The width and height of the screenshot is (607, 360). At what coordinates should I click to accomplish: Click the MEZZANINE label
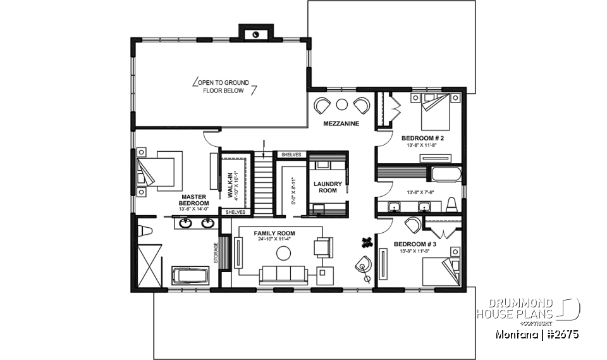[x=341, y=123]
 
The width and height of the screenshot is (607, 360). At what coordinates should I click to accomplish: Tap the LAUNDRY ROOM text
[x=328, y=187]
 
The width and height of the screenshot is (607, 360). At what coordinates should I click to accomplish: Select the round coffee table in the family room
[x=284, y=253]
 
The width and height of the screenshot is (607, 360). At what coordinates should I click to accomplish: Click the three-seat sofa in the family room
[x=283, y=274]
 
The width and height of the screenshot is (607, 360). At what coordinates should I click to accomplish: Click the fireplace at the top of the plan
[x=256, y=34]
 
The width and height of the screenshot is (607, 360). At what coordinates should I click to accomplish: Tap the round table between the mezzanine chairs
[x=342, y=104]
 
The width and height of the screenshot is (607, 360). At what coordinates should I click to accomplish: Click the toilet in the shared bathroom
[x=451, y=204]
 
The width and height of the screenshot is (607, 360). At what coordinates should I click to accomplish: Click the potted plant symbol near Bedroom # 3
[x=366, y=240]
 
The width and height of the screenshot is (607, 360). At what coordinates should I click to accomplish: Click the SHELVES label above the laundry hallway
[x=291, y=155]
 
